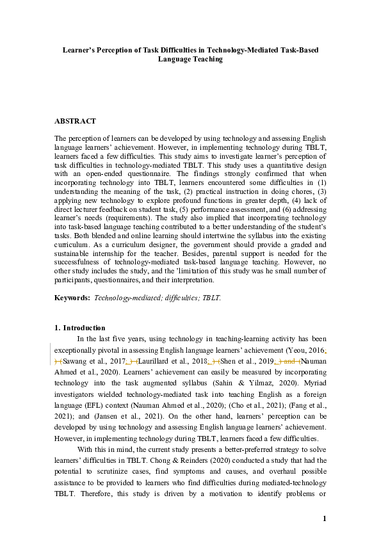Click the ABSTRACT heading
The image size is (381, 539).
point(75,121)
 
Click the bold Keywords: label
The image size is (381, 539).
point(72,298)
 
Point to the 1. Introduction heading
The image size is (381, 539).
point(80,328)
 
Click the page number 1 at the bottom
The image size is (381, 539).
point(325,519)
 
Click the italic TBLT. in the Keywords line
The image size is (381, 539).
point(211,298)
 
